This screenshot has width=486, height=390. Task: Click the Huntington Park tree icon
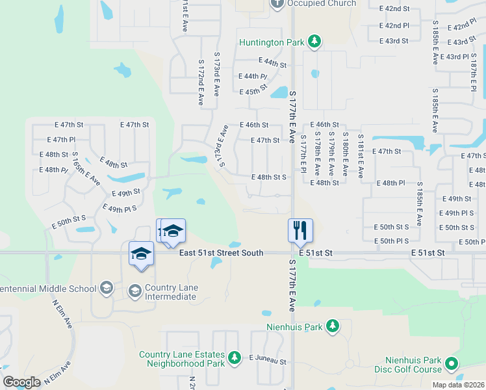314,42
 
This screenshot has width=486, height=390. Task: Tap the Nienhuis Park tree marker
333,326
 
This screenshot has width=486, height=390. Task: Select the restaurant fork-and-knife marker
300,229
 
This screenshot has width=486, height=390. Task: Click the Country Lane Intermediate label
170,292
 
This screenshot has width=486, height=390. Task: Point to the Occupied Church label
322,3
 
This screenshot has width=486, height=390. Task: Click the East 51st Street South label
221,252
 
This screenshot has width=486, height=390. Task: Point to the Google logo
21,382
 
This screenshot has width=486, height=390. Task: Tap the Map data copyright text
458,385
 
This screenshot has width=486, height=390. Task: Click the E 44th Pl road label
253,77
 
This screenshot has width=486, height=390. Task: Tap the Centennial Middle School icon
105,288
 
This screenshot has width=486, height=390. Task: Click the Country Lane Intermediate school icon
135,289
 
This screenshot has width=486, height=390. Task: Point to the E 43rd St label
394,41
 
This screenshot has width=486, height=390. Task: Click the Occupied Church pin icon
277,3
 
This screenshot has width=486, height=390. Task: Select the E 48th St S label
269,177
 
